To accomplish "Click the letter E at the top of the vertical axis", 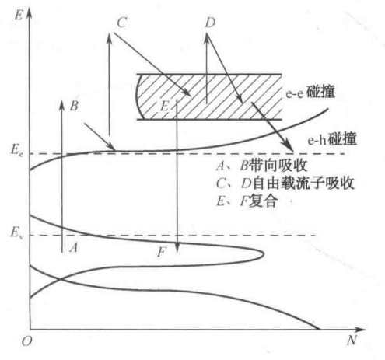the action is (x=19, y=15).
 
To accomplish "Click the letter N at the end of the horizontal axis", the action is (x=352, y=340).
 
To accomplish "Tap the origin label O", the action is (x=26, y=341).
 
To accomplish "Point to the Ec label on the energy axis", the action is (x=16, y=150).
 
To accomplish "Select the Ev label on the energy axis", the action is (x=16, y=232).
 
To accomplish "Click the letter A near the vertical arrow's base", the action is (x=74, y=247).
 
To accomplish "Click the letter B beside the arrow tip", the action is (x=74, y=106).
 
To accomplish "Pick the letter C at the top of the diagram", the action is (x=121, y=23).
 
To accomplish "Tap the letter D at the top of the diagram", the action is (x=210, y=23).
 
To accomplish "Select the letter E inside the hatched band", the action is (x=164, y=106).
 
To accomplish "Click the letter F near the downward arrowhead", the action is (x=162, y=252).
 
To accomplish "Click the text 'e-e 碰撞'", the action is (x=310, y=93).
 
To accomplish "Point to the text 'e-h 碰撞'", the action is (x=332, y=139).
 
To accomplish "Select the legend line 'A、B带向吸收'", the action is (x=262, y=166).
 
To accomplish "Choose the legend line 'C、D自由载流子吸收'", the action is (x=285, y=183).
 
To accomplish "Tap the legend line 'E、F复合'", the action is (x=247, y=201).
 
